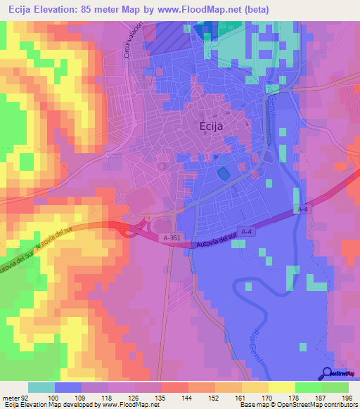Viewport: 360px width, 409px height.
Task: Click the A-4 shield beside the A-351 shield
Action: pos(245,232)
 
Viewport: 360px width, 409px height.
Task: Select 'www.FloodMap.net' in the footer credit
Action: pos(127,405)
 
